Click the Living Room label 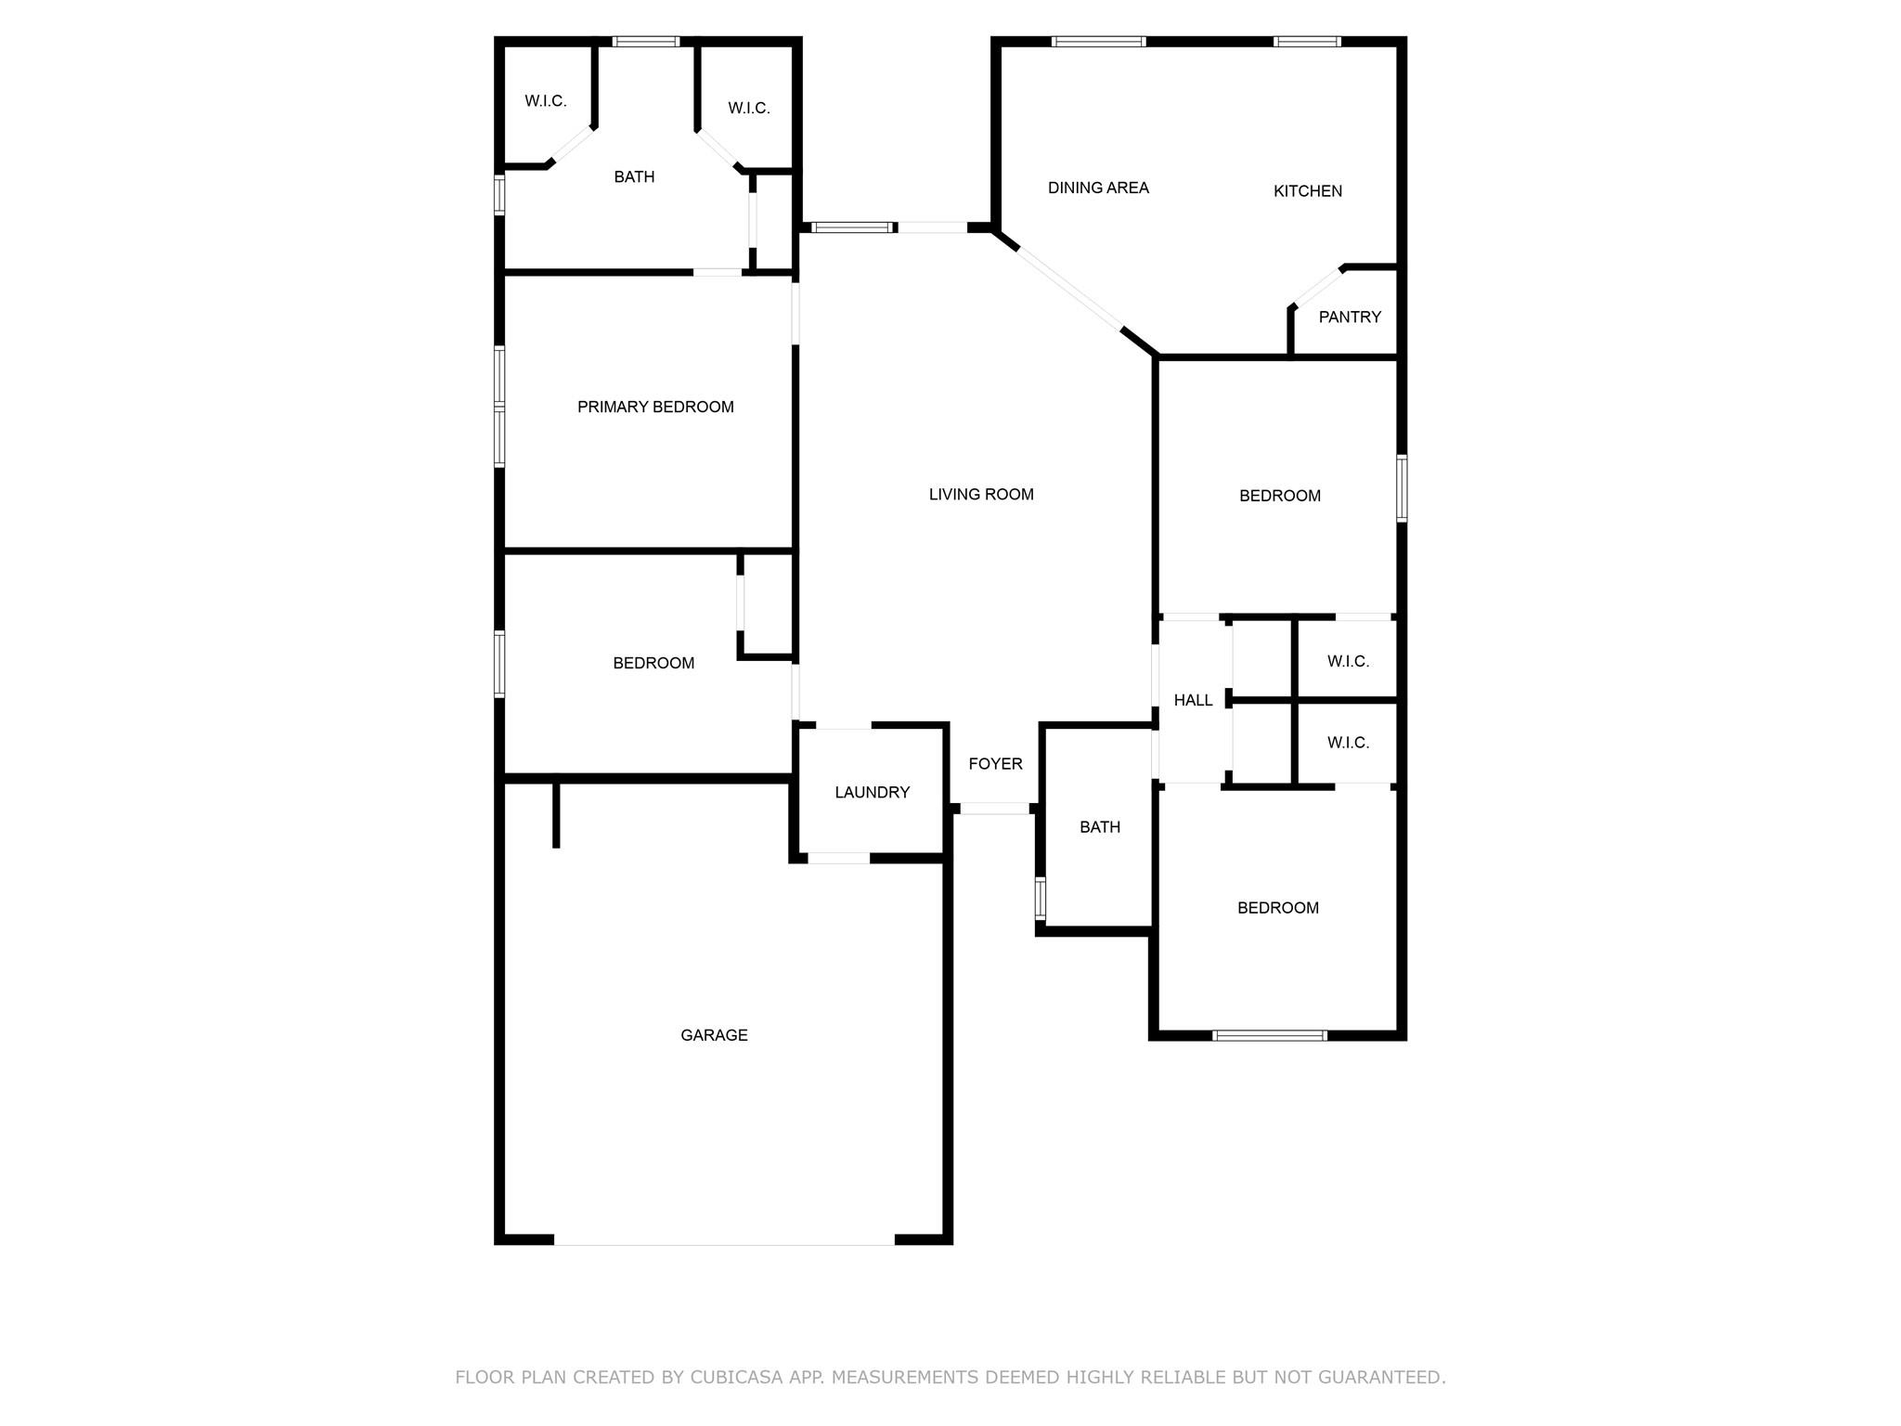click(981, 495)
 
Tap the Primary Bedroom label click(655, 407)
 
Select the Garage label click(714, 1035)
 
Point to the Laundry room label click(872, 792)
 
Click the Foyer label click(995, 764)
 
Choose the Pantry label click(1350, 317)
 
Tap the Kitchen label click(1307, 191)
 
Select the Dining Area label click(1098, 188)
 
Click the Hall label click(1193, 700)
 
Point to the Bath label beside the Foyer click(1100, 827)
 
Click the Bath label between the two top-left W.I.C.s click(634, 176)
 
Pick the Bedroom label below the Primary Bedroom click(653, 663)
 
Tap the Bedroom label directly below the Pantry click(1280, 496)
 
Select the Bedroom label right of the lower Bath click(1277, 908)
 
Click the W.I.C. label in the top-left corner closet click(545, 101)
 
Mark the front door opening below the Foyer click(994, 809)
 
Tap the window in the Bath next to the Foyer click(1041, 898)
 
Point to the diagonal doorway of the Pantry click(1317, 287)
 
